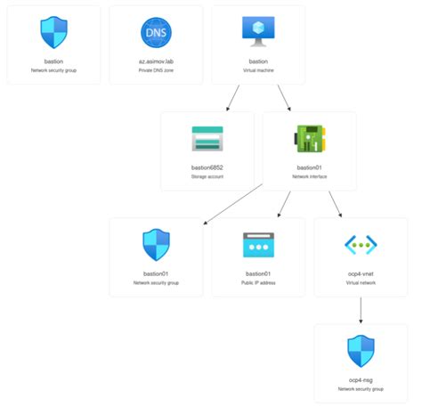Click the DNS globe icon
click(x=156, y=32)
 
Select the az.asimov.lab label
click(x=156, y=61)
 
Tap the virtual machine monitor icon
click(x=258, y=31)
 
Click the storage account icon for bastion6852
click(x=207, y=138)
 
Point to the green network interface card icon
click(x=309, y=138)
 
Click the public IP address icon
click(x=258, y=244)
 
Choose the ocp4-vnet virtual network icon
click(x=361, y=244)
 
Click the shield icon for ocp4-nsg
click(x=361, y=350)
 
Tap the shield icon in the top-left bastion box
click(x=53, y=32)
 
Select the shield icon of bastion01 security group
click(x=156, y=244)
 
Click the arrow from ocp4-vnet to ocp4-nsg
click(x=361, y=310)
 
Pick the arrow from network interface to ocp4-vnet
click(x=336, y=204)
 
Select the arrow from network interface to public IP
click(x=284, y=204)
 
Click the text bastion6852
click(x=207, y=167)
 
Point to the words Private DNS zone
click(x=156, y=69)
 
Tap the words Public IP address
click(x=258, y=281)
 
